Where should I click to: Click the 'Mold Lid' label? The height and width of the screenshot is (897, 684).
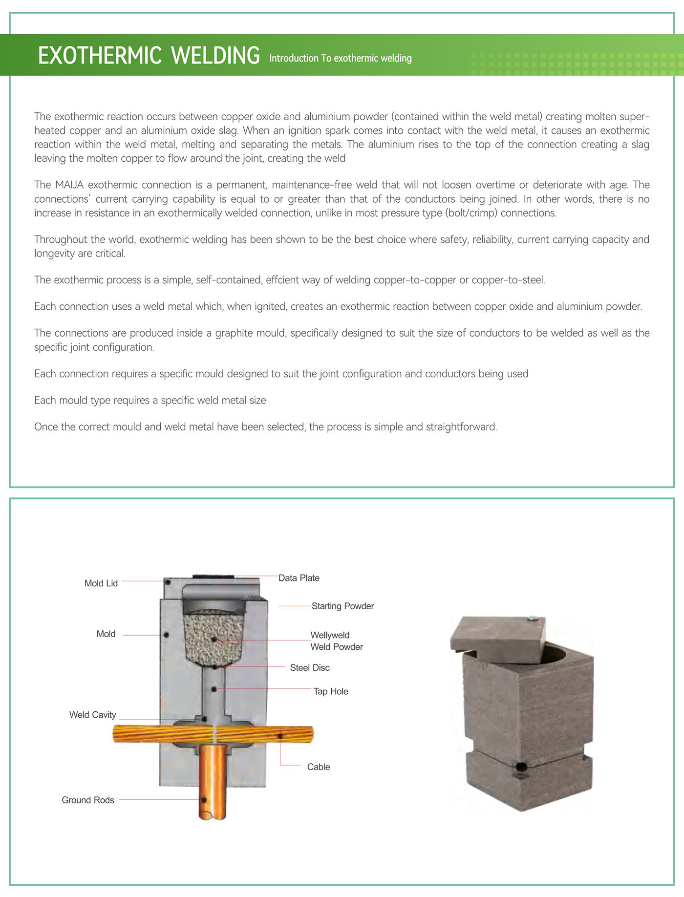[x=101, y=583]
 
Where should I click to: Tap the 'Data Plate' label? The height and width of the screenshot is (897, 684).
[x=299, y=578]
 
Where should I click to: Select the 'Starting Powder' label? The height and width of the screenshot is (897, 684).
[x=342, y=606]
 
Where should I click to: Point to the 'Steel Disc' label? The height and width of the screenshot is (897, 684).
[x=309, y=668]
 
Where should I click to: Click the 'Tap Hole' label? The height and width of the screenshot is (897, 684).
[x=330, y=691]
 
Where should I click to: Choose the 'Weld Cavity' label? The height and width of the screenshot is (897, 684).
[x=92, y=715]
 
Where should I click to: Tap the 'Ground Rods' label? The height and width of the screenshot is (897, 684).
[x=87, y=800]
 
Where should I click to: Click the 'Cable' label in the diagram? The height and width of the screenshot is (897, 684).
[x=318, y=767]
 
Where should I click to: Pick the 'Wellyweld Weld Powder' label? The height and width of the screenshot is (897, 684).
[x=336, y=641]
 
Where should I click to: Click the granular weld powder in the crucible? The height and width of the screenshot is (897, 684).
[x=214, y=638]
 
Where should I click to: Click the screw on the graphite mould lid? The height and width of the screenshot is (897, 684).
[x=533, y=619]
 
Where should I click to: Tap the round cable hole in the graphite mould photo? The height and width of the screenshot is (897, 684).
[x=521, y=767]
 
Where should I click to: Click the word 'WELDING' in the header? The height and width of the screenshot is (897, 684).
[x=215, y=56]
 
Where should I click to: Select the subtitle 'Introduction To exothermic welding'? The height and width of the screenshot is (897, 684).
[x=340, y=58]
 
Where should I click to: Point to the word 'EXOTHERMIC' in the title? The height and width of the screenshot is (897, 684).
[x=100, y=56]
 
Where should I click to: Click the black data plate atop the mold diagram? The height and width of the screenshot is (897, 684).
[x=214, y=577]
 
